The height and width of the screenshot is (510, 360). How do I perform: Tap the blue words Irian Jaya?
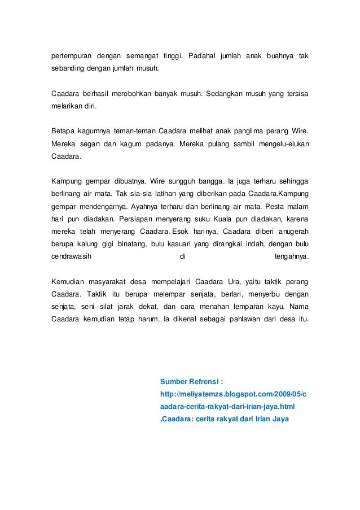pyautogui.click(x=270, y=419)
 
